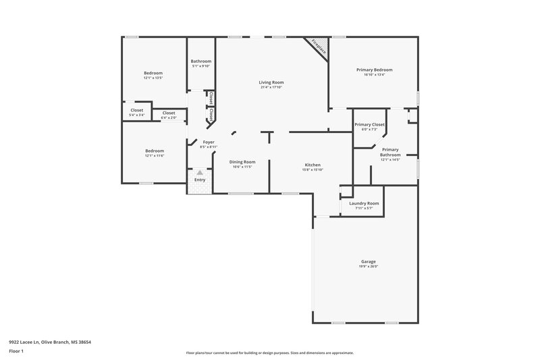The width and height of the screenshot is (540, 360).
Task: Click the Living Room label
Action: (x=271, y=82)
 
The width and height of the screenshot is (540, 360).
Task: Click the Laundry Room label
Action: (x=364, y=203)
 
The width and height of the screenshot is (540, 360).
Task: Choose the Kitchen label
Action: (x=312, y=165)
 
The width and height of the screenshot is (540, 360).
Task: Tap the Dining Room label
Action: (x=242, y=161)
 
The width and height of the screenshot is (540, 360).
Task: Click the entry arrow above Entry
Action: (x=199, y=173)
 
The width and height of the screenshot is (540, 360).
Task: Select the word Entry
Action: (x=200, y=180)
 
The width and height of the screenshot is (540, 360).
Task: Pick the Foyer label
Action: (x=209, y=142)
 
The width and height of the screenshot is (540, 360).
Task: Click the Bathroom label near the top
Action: (x=201, y=61)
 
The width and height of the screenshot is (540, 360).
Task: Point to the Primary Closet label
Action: (x=369, y=124)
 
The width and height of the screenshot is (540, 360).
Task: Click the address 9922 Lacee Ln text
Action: (x=50, y=342)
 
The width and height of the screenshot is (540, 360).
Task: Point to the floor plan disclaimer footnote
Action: (x=269, y=353)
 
